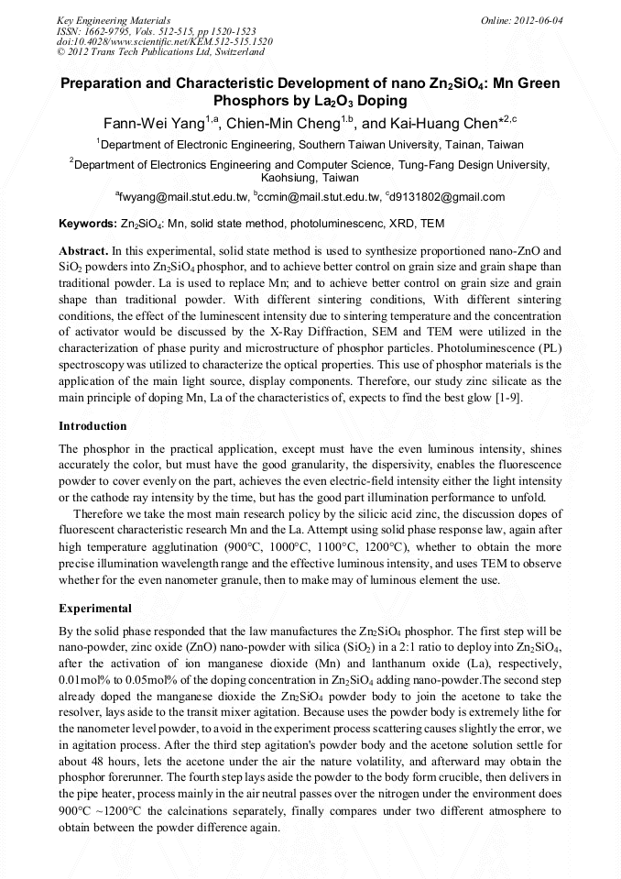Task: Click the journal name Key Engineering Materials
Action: tap(100, 19)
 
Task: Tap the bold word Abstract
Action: tap(82, 250)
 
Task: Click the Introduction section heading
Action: tap(93, 426)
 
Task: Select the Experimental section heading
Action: tap(94, 609)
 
